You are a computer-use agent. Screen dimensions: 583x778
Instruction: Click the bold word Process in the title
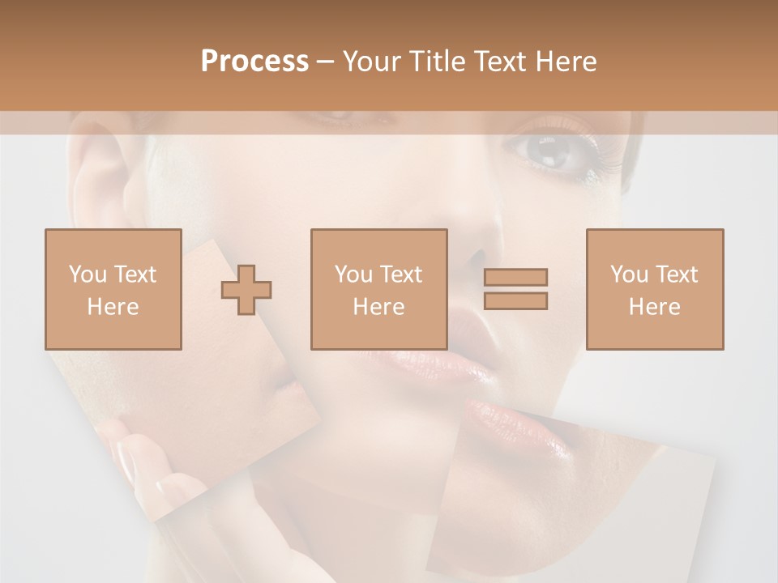[254, 62]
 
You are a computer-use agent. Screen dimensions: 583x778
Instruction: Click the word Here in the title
[566, 62]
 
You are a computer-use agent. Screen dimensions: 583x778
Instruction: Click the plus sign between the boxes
[246, 289]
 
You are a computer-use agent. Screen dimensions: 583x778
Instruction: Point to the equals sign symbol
[515, 289]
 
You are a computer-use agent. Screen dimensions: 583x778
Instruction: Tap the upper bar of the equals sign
[515, 277]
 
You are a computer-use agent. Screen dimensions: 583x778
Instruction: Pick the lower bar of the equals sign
[515, 301]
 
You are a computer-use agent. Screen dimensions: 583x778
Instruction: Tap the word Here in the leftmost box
[113, 307]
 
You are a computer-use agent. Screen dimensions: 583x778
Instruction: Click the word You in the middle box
[353, 274]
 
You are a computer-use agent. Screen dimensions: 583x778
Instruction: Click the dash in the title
[327, 62]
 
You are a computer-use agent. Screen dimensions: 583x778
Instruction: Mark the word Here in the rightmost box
[655, 307]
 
